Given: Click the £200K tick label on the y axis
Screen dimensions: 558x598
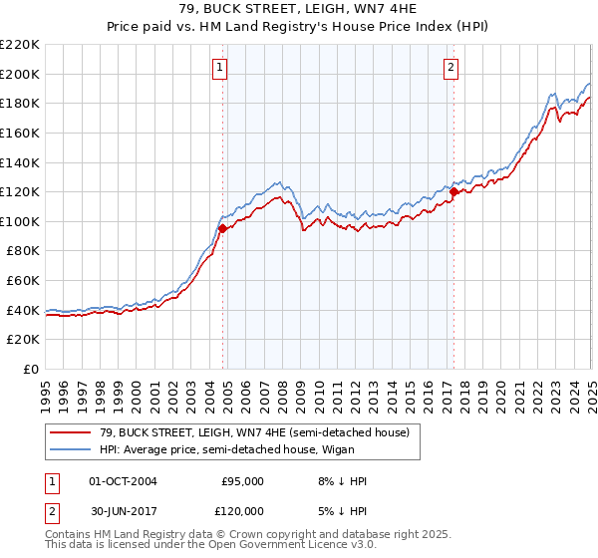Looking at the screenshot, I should point(21,74).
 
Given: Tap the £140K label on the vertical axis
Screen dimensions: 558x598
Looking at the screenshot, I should point(21,162).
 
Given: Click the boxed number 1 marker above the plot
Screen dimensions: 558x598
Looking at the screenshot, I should point(218,68).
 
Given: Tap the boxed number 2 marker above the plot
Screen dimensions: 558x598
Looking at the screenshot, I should point(450,68).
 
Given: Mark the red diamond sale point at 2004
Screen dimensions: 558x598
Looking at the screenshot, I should point(223,228).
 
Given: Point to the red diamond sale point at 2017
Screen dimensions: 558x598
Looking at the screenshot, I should point(454,191).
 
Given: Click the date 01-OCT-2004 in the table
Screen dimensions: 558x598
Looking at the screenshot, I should point(123,481).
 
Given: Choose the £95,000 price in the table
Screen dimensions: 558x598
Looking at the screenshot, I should point(242,481).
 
